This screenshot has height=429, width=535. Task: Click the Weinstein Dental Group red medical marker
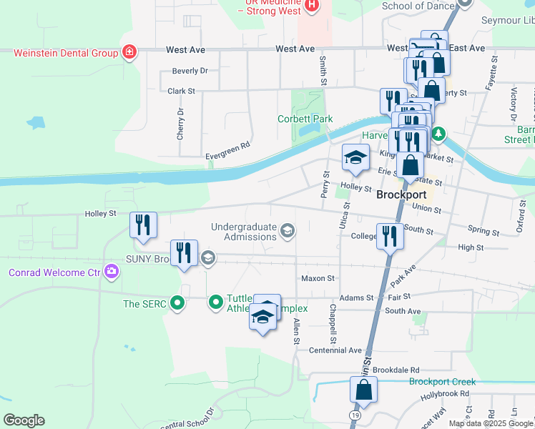(x=129, y=52)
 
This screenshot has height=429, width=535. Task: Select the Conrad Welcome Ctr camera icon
(x=111, y=272)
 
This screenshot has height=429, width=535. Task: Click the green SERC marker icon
(x=177, y=303)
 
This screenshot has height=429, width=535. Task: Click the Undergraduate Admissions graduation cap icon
(x=288, y=229)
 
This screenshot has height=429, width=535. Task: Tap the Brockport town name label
(x=401, y=194)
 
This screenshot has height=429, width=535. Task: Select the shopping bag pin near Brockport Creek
(x=363, y=390)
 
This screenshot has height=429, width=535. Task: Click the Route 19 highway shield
(x=355, y=414)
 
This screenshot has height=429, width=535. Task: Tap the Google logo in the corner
(x=24, y=420)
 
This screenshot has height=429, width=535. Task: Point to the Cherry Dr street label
(x=181, y=124)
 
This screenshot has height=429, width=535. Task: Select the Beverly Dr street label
(x=190, y=71)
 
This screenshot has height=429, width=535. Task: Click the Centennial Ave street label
(x=335, y=350)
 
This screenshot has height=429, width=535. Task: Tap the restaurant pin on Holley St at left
(x=143, y=226)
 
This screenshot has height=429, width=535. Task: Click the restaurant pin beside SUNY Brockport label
(x=184, y=253)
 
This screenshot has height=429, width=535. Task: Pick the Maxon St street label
(x=318, y=278)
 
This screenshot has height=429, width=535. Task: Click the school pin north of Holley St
(x=355, y=159)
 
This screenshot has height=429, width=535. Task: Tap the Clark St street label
(x=181, y=92)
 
